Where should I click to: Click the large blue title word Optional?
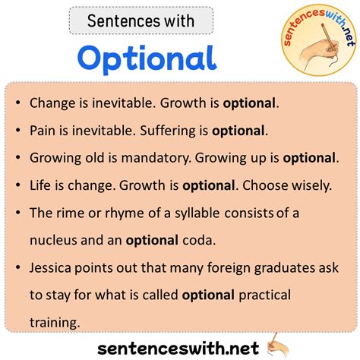[147, 58]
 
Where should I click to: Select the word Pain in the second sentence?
[43, 131]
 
